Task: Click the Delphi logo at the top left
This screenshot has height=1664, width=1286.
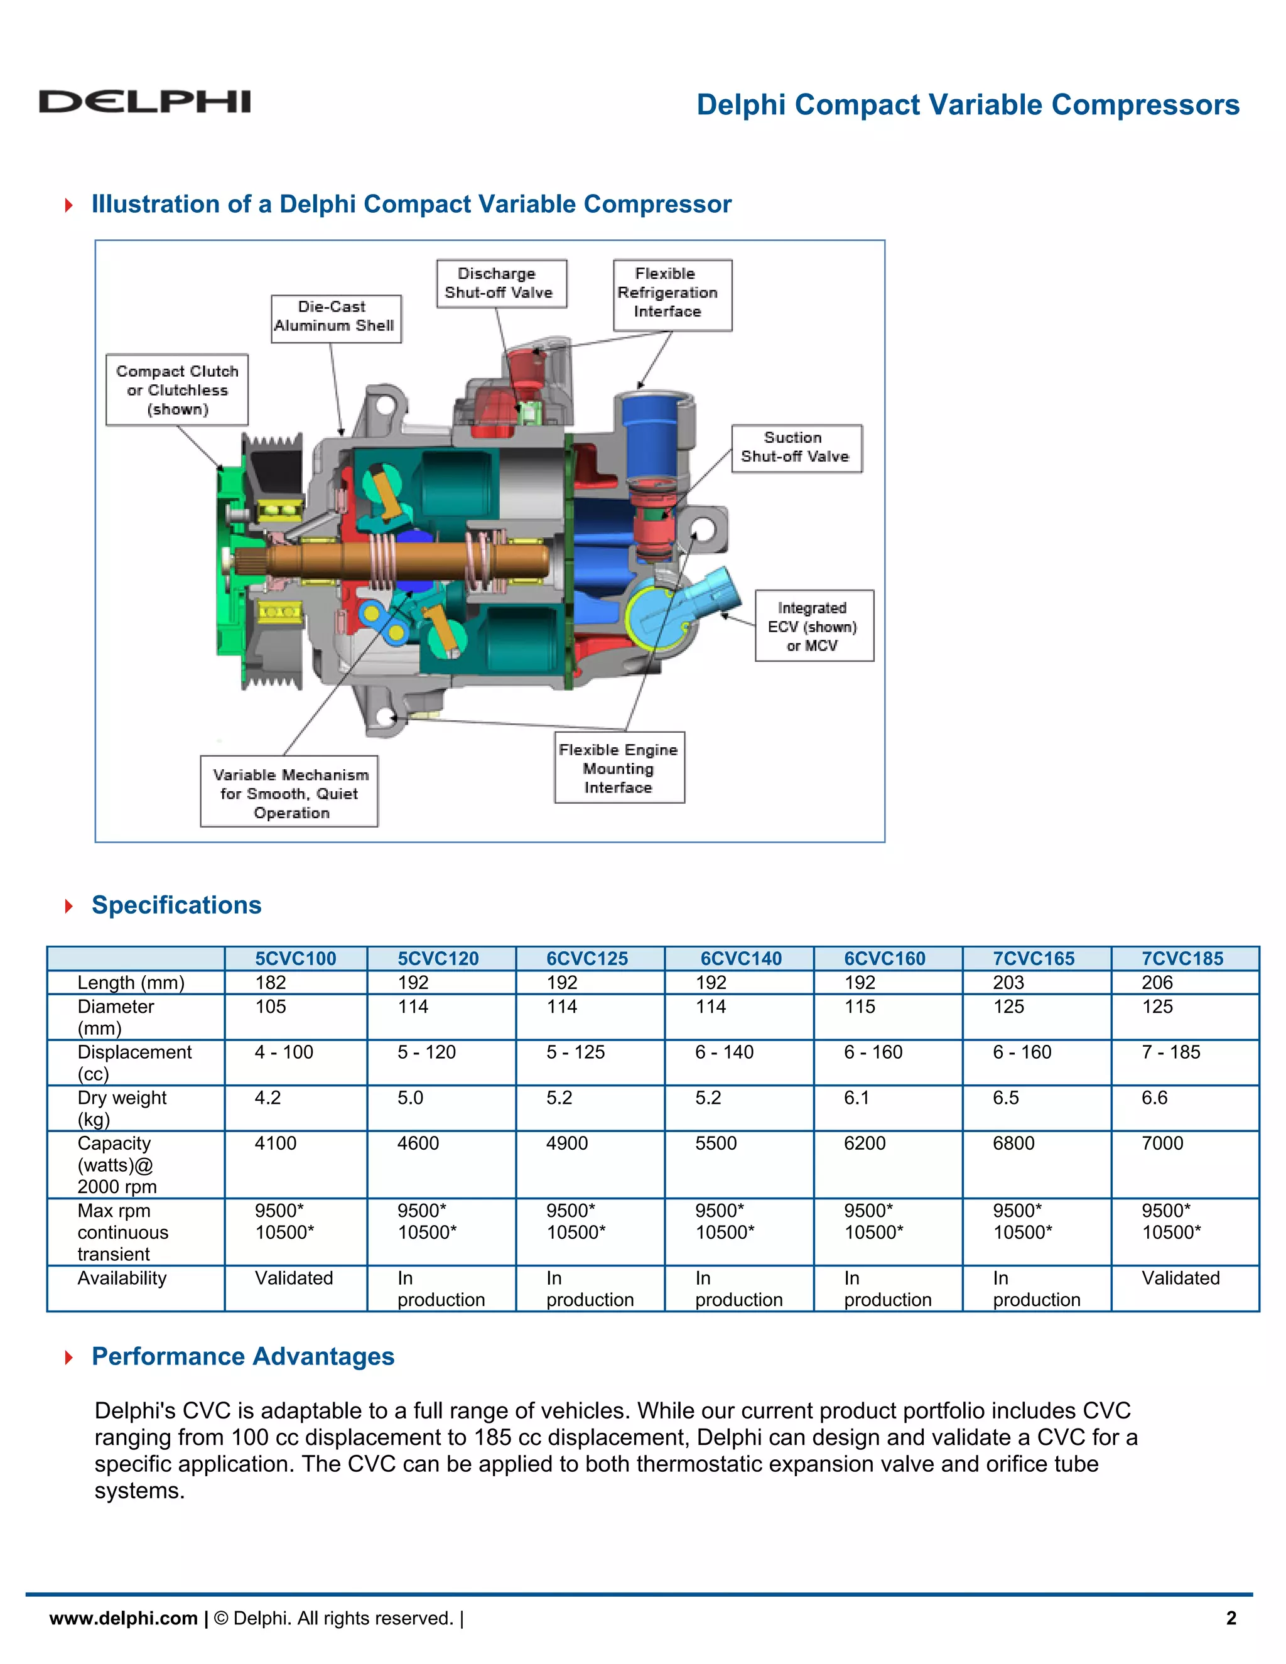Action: (145, 101)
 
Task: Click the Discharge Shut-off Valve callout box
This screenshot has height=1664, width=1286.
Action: (501, 283)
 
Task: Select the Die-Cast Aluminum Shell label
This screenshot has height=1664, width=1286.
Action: (335, 317)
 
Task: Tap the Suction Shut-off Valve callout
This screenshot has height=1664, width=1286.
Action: (796, 448)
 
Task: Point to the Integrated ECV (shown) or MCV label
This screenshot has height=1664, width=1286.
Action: (814, 626)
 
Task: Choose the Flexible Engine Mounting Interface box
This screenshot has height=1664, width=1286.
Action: (619, 768)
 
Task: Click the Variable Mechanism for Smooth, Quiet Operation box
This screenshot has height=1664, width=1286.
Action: (289, 792)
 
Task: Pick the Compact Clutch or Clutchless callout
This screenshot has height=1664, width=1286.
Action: (176, 390)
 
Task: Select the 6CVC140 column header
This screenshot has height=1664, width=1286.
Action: (740, 958)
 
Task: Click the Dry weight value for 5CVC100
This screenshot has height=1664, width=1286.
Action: (268, 1098)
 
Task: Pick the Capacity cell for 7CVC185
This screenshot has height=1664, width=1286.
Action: (1162, 1143)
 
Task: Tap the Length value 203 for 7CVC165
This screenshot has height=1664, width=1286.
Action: (1008, 983)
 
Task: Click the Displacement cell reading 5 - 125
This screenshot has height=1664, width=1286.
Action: (575, 1052)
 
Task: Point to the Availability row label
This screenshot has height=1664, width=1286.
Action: (122, 1278)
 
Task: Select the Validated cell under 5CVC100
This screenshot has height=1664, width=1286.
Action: (294, 1278)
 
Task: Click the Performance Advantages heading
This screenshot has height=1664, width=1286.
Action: (243, 1357)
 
